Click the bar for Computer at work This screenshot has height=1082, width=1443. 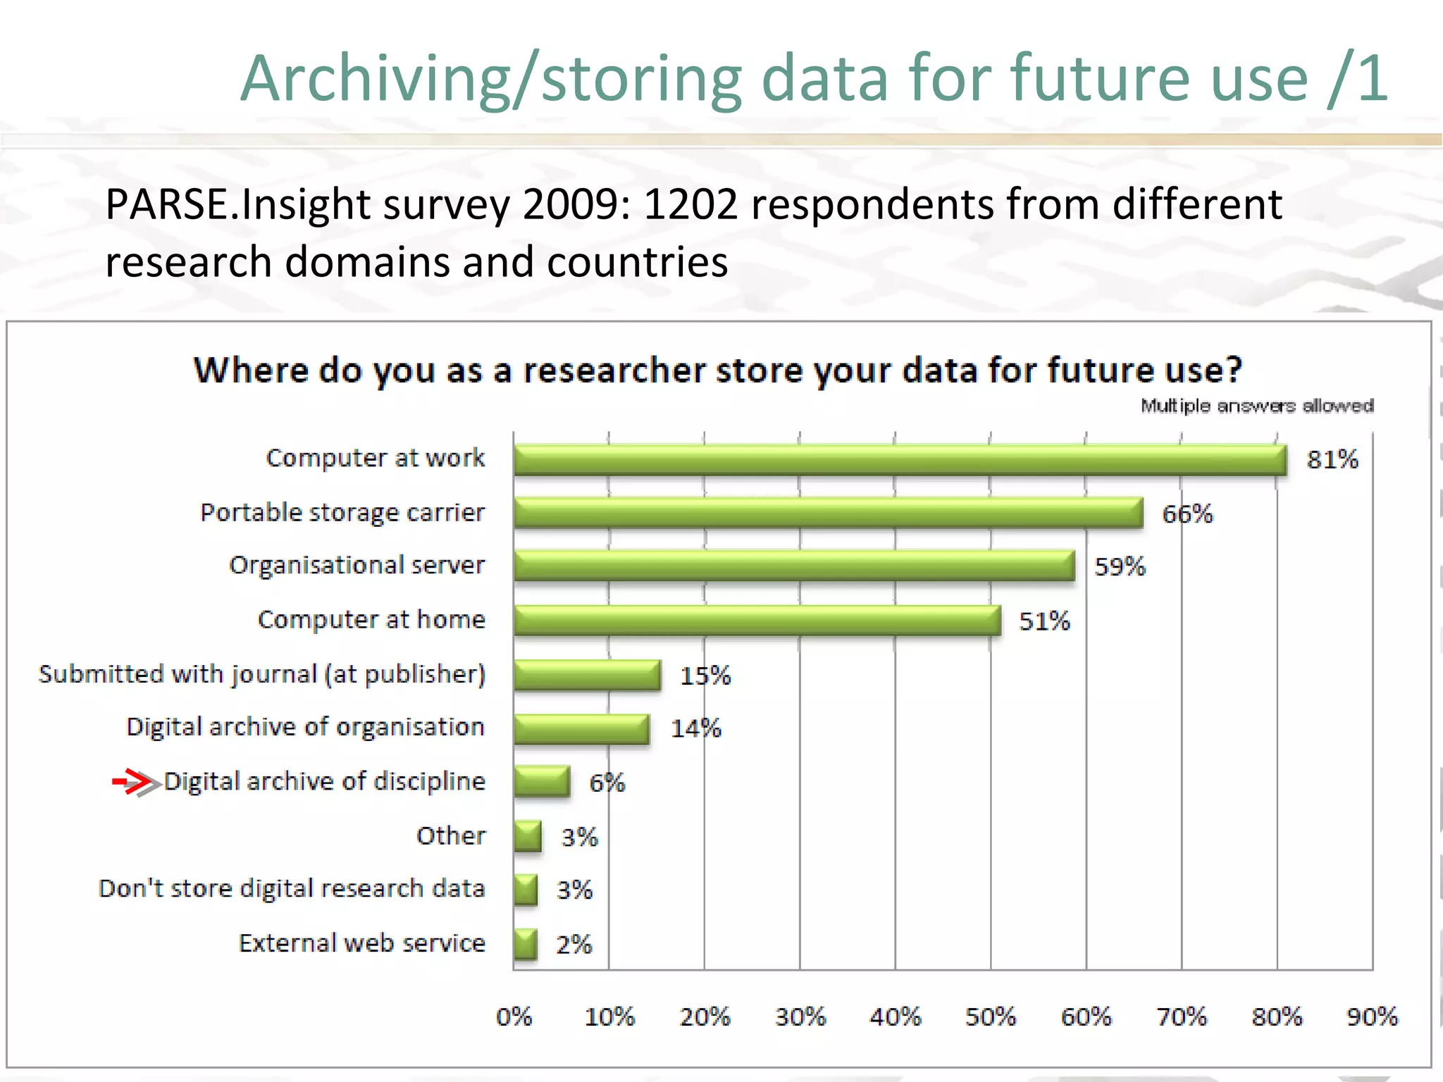[900, 460]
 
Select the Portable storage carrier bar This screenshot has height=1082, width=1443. [828, 513]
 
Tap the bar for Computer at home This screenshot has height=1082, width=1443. [757, 621]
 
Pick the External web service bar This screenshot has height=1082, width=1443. [526, 944]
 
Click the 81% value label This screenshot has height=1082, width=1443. [1332, 460]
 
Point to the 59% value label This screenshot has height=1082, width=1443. [1120, 567]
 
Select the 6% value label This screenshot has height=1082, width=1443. [607, 783]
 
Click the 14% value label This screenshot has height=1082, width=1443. [695, 728]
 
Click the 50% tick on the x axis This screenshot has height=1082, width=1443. [990, 1016]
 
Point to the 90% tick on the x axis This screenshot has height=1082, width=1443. [1371, 1016]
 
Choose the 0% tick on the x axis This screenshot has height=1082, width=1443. [514, 1016]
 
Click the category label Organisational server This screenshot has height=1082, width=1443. [357, 566]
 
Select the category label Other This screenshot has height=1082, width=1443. [451, 836]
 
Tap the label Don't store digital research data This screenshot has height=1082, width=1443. [292, 889]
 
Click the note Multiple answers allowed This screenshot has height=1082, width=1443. [1257, 406]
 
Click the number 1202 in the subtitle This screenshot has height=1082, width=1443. [690, 205]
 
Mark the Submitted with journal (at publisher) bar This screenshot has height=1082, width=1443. [588, 675]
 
